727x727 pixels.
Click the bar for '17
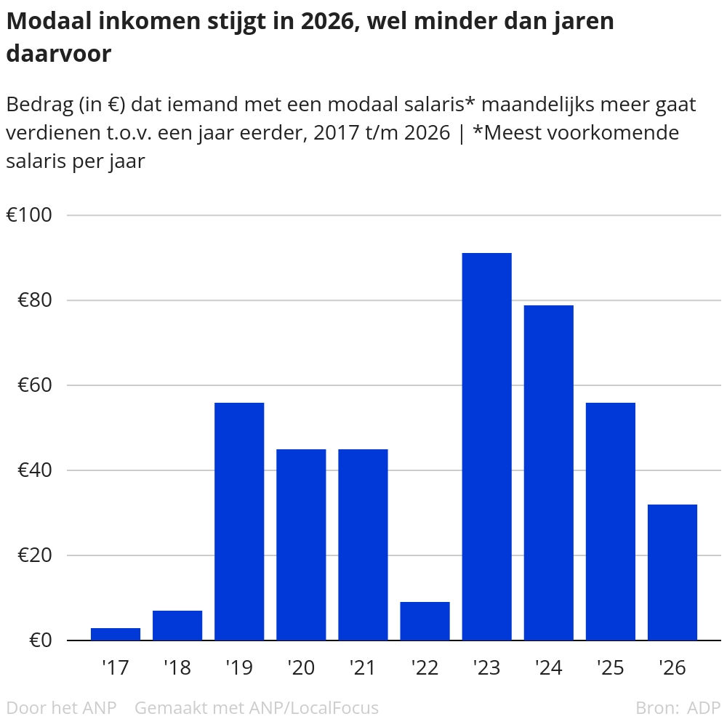click(x=116, y=634)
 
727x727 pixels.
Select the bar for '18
click(x=177, y=625)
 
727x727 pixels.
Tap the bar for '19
click(x=239, y=521)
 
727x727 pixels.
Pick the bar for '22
click(x=425, y=621)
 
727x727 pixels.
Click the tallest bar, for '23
click(x=486, y=446)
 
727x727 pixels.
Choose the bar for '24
click(x=548, y=473)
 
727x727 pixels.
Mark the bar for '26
click(x=672, y=572)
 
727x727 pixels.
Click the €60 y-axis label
click(x=33, y=385)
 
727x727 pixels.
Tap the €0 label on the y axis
click(x=39, y=640)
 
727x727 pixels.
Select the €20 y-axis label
click(x=33, y=555)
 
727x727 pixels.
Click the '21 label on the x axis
click(x=363, y=667)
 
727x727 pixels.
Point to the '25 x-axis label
click(x=610, y=667)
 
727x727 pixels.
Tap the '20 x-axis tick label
click(x=301, y=667)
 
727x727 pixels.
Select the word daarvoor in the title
click(x=58, y=54)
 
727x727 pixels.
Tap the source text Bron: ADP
click(x=678, y=707)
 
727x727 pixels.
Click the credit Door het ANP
click(x=61, y=707)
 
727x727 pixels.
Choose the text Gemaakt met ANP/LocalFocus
click(x=257, y=707)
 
